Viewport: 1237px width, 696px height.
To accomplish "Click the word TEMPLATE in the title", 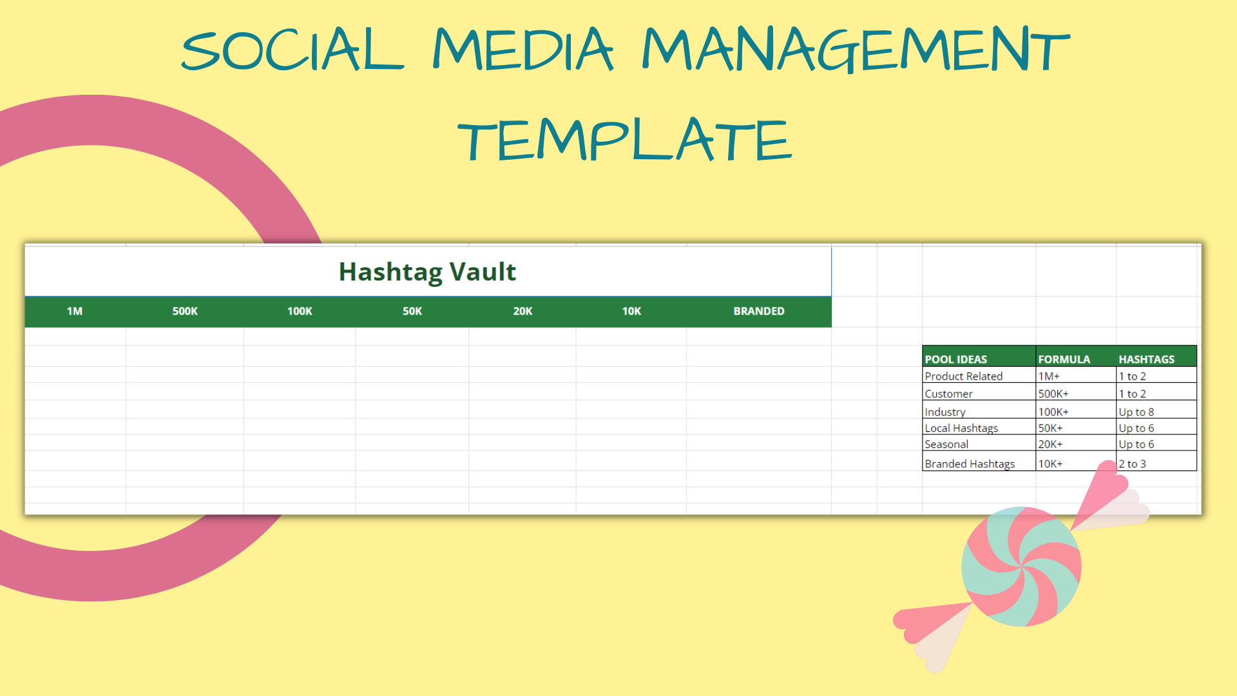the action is tap(624, 139).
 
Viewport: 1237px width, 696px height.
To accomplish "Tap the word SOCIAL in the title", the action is tap(292, 50).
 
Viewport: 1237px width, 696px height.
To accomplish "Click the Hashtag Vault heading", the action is tap(427, 272).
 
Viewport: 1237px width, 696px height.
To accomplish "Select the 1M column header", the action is tap(75, 311).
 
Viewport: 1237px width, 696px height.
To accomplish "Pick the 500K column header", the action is tap(185, 311).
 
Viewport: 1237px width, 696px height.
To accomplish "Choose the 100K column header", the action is tap(300, 311).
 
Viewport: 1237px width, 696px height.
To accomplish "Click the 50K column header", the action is tap(412, 311).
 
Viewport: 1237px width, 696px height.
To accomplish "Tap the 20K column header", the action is tap(523, 311).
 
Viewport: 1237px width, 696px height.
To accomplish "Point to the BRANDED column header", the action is tap(759, 311).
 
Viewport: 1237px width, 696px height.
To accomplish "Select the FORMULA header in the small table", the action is tap(1064, 360).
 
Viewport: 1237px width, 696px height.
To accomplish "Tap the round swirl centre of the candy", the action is tap(1021, 566).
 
